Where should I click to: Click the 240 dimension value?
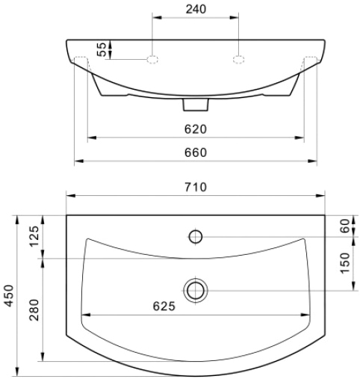coord(196,9)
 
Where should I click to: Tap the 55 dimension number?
coord(102,49)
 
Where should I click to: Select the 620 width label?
coord(196,129)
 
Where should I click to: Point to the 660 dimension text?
coord(196,152)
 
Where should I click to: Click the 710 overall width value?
coord(196,187)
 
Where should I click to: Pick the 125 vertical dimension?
coord(34,236)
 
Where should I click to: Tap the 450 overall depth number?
coord(9,296)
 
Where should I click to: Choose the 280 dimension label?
coord(34,309)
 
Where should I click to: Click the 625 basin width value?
coord(164,306)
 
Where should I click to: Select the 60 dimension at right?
coord(345,226)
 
